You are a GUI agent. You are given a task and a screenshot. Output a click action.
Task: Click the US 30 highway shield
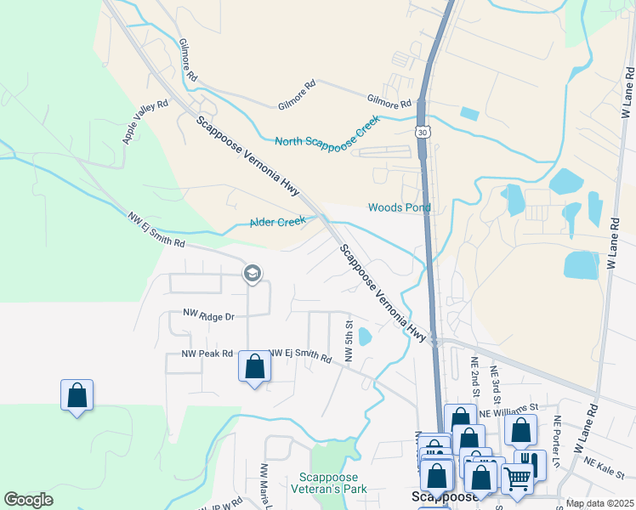click(423, 132)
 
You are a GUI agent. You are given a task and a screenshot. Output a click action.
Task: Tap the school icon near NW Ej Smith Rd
click(251, 273)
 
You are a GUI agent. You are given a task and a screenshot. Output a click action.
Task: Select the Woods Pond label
click(399, 207)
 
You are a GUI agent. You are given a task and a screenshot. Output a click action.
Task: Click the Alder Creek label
click(277, 222)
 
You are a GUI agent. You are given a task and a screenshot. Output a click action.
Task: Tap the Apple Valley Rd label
click(146, 121)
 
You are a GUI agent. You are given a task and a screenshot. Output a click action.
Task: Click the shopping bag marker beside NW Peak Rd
click(254, 367)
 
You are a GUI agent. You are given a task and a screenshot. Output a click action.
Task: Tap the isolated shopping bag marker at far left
click(77, 395)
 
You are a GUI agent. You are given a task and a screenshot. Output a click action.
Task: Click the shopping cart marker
click(517, 479)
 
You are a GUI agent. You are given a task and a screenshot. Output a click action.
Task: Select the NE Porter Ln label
click(557, 433)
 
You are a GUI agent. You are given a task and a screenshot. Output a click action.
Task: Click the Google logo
click(28, 500)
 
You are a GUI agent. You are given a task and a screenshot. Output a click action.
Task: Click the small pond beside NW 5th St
click(365, 337)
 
